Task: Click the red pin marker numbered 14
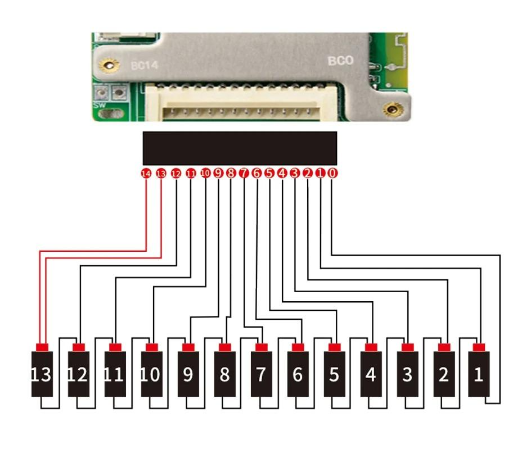[146, 174]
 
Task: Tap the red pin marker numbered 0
[332, 173]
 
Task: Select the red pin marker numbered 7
[244, 173]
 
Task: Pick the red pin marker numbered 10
[205, 173]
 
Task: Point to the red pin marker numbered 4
[282, 173]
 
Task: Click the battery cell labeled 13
[41, 374]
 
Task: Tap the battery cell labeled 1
[478, 374]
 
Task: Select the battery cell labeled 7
[260, 374]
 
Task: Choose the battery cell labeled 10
[151, 374]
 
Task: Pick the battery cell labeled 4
[370, 374]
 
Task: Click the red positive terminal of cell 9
[188, 347]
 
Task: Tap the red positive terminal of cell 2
[444, 347]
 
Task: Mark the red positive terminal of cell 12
[78, 347]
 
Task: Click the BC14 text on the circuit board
[145, 66]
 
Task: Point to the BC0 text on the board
[340, 60]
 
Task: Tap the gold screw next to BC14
[110, 66]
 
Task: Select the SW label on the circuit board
[98, 105]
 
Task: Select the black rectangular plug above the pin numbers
[240, 148]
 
